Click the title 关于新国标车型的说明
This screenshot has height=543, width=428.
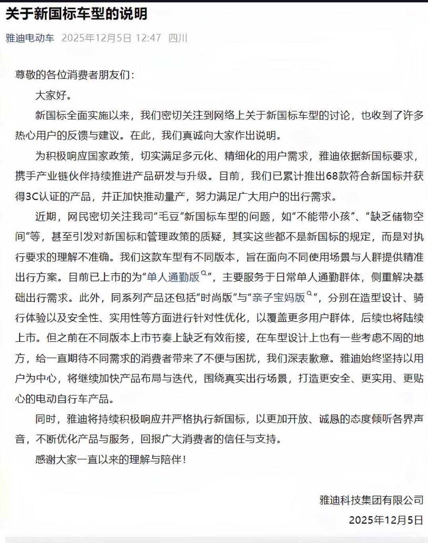[x=76, y=14]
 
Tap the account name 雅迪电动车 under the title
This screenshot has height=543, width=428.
[x=30, y=38]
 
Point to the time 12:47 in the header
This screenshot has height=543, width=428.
[x=148, y=38]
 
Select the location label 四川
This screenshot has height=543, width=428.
[x=177, y=38]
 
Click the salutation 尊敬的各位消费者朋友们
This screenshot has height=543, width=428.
[x=73, y=75]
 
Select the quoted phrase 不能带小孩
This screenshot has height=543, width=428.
[x=328, y=216]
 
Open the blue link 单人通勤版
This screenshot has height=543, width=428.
[x=173, y=277]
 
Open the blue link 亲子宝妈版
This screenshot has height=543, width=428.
[x=278, y=298]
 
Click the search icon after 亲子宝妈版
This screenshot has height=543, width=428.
[x=310, y=294]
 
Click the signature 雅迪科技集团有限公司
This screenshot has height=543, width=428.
[x=371, y=500]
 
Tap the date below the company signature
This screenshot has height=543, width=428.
[x=386, y=520]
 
